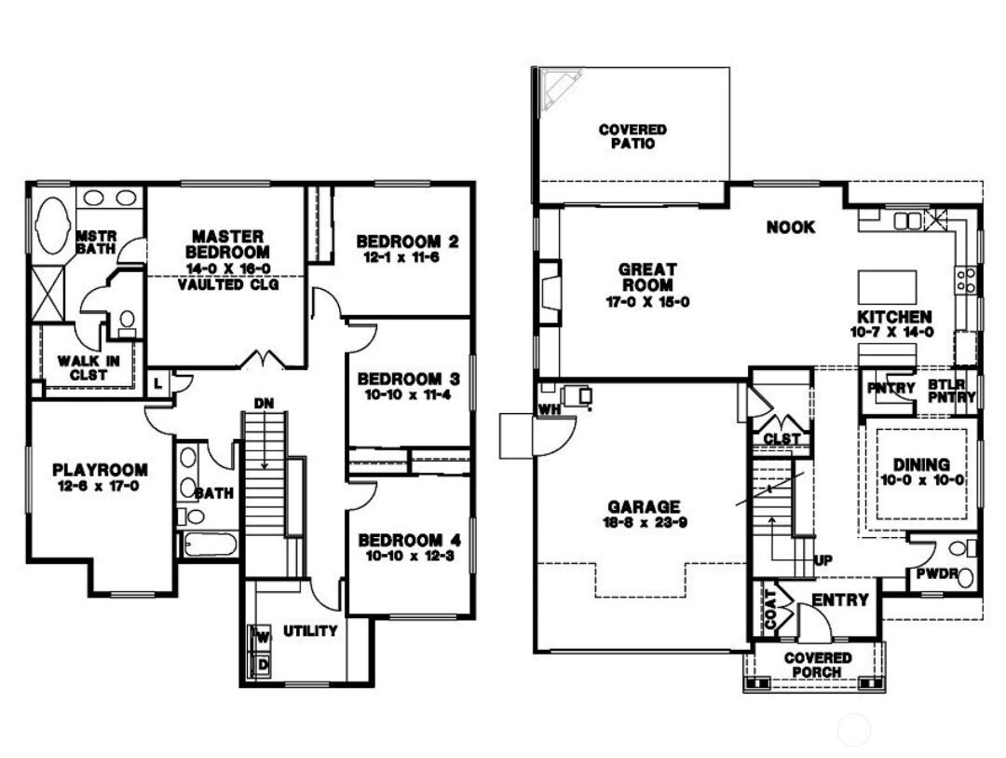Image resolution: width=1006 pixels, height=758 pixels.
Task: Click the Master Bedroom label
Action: (x=227, y=244)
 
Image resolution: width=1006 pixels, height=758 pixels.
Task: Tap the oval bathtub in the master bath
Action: (x=53, y=225)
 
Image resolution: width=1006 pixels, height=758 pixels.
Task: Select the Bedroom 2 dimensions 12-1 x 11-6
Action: (x=407, y=257)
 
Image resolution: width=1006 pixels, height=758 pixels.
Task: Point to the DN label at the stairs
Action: (x=264, y=404)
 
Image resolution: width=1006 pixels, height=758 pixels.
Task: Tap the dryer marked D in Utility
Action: (x=263, y=665)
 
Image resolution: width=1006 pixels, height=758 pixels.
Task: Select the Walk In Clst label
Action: (x=83, y=367)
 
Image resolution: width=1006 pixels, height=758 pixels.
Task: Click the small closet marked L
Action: (x=159, y=383)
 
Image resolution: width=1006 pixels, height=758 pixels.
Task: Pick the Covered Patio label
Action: (x=632, y=137)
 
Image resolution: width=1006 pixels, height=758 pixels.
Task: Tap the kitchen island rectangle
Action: (x=887, y=287)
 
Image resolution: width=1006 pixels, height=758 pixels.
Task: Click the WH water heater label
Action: (x=545, y=408)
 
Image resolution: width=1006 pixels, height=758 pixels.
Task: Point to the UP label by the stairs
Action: (x=823, y=560)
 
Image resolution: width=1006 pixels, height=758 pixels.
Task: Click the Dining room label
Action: (x=921, y=464)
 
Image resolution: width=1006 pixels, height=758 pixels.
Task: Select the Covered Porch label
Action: (x=818, y=665)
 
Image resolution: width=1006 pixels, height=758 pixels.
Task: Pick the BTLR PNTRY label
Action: (x=951, y=391)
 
